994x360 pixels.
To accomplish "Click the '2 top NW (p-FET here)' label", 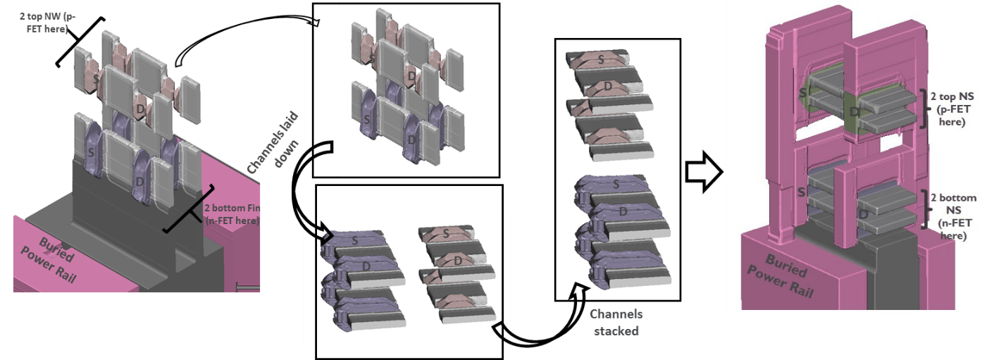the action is (x=47, y=23).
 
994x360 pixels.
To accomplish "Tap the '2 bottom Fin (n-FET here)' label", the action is (x=232, y=214).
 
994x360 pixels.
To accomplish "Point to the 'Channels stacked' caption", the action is (x=616, y=322).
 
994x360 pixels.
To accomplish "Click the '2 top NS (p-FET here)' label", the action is (x=952, y=109).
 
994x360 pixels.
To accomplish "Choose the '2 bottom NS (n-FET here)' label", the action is (x=953, y=216).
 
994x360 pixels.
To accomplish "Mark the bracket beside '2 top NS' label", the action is (x=924, y=108).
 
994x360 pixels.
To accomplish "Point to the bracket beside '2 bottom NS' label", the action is (x=924, y=209).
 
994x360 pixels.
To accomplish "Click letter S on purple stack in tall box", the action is (x=616, y=184).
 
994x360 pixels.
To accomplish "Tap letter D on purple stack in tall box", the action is (x=623, y=212).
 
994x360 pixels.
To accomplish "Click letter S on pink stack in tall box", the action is (x=601, y=59).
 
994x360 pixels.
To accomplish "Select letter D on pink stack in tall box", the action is (x=608, y=86).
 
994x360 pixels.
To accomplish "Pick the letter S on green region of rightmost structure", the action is (x=803, y=93).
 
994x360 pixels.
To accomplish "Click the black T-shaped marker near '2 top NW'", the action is (x=80, y=42).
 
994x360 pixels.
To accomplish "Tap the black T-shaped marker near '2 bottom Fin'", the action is (x=189, y=209).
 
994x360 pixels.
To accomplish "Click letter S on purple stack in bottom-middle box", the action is (x=355, y=241).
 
